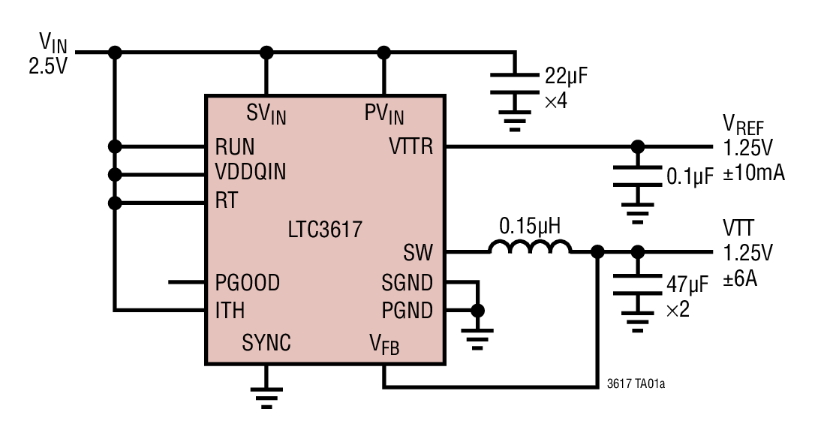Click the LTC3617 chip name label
click(325, 229)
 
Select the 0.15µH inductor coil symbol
click(530, 248)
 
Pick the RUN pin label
click(234, 146)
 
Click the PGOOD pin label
click(247, 283)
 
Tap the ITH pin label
click(230, 309)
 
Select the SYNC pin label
click(266, 344)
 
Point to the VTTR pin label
click(411, 146)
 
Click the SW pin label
click(418, 253)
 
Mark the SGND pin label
click(407, 283)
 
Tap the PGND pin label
click(407, 309)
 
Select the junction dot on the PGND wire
click(477, 309)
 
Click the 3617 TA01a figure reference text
click(636, 385)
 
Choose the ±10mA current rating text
click(753, 173)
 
